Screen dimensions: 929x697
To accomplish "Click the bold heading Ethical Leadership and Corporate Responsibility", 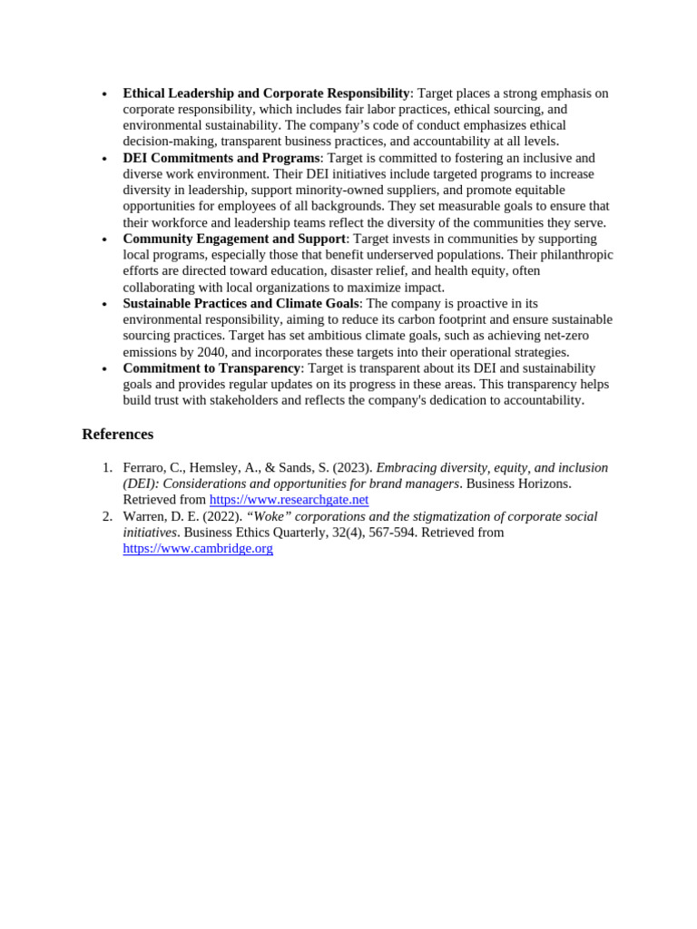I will coord(266,93).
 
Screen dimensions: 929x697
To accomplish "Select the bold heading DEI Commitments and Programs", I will coord(221,158).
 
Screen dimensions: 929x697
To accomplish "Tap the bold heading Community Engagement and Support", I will coord(234,239).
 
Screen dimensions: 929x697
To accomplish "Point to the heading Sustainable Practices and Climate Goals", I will coord(241,303).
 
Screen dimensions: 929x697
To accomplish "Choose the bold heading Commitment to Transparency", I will coord(211,368).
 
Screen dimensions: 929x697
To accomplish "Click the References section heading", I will coord(117,435).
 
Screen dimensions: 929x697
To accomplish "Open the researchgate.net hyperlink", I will coord(289,500).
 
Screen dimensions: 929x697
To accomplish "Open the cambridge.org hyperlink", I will coord(198,549).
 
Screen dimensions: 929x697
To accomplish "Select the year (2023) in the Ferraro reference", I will coord(352,468).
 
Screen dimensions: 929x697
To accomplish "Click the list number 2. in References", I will coord(107,517).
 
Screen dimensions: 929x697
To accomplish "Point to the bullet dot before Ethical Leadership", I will coord(105,94).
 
